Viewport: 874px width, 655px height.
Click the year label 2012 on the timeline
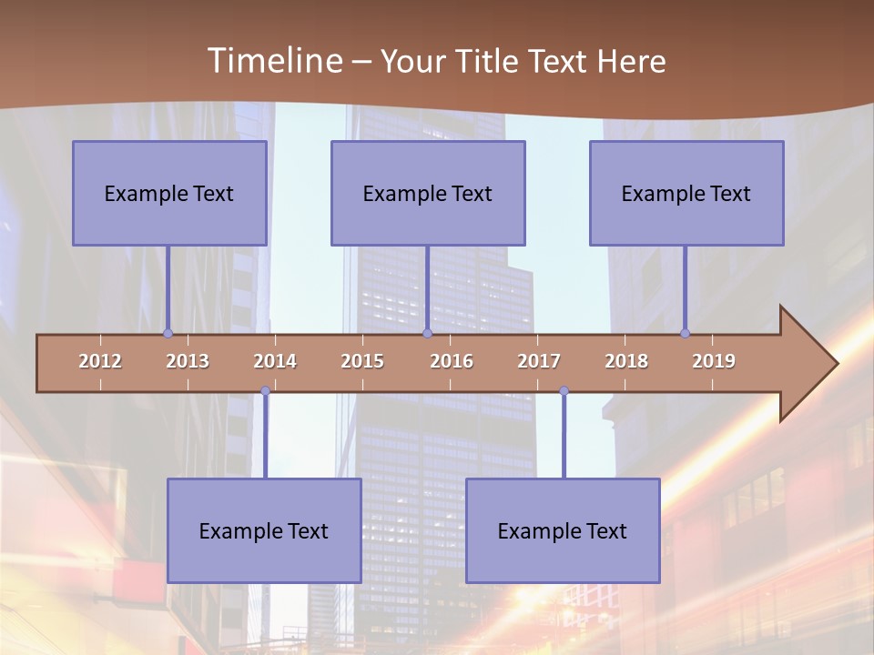[100, 361]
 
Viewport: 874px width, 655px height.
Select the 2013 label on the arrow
[188, 361]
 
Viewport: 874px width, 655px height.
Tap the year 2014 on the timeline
[275, 361]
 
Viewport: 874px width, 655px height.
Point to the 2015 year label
[362, 361]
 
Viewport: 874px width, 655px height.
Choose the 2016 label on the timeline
[452, 361]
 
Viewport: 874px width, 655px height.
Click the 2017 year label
[539, 361]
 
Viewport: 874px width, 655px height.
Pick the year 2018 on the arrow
[626, 361]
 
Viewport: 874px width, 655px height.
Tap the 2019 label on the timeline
[714, 361]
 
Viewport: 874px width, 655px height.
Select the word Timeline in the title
[274, 61]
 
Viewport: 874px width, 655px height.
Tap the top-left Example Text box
[169, 193]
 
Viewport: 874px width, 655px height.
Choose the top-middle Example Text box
[428, 193]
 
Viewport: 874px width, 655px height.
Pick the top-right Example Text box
[686, 193]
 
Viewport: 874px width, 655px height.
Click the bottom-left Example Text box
[264, 530]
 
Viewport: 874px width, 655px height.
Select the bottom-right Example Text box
[563, 530]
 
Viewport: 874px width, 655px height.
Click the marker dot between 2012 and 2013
[168, 333]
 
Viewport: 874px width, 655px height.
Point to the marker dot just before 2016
[427, 333]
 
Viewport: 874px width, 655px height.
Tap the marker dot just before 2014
[265, 391]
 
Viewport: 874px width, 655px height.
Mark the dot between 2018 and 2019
[685, 333]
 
